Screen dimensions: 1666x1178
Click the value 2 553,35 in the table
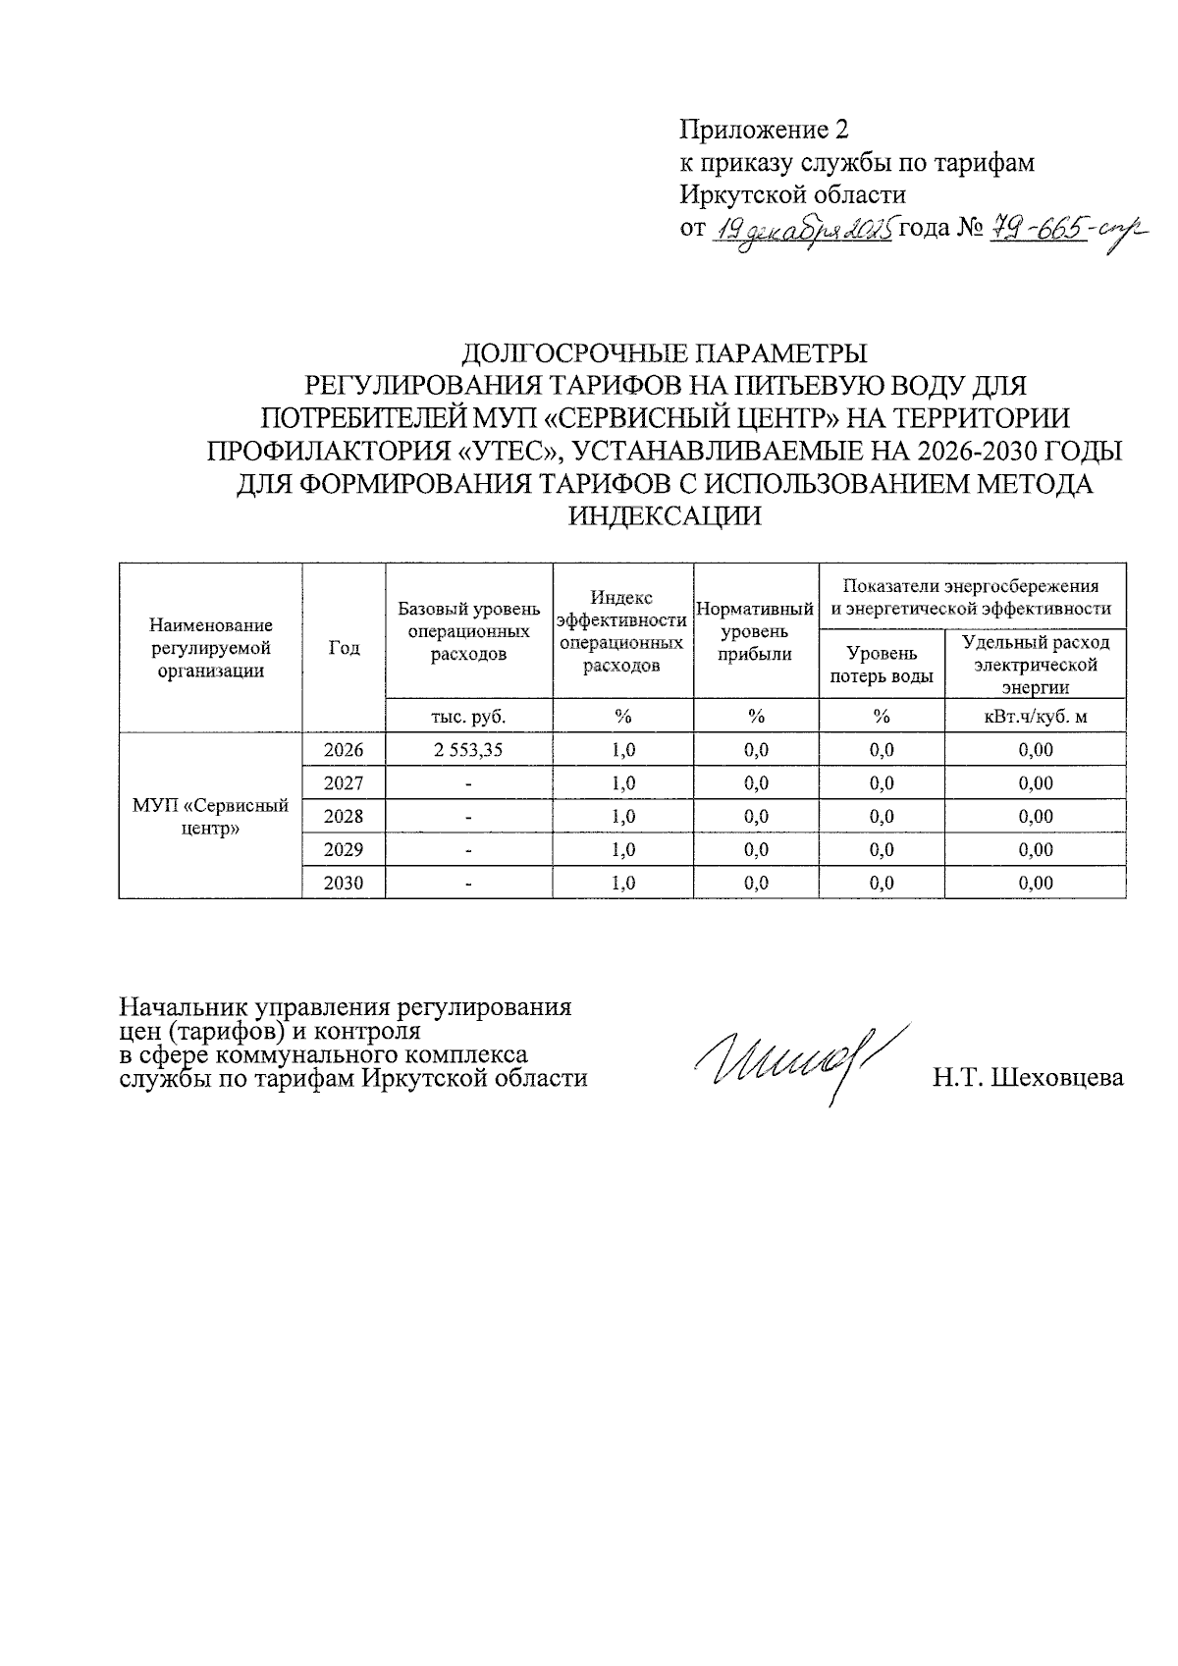coord(468,750)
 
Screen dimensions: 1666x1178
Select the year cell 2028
coord(344,817)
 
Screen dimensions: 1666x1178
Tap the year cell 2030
coord(344,883)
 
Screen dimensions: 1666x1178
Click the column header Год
coord(344,648)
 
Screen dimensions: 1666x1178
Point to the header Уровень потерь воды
coord(882,665)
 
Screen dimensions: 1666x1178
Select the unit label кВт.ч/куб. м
coord(1035,717)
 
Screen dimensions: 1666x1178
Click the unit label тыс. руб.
coord(468,717)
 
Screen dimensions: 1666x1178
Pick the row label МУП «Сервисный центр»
coord(210,817)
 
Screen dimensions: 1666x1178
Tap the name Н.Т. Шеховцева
coord(1028,1078)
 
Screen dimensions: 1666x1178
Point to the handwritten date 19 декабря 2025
coord(800,232)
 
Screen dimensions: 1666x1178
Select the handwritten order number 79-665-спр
coord(1054,232)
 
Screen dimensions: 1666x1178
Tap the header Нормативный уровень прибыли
coord(756,631)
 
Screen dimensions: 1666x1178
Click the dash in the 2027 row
coord(468,783)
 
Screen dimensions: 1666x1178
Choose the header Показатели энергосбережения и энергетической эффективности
coord(971,597)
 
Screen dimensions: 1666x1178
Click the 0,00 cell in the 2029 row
coord(1035,849)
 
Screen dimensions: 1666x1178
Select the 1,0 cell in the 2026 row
coord(622,750)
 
